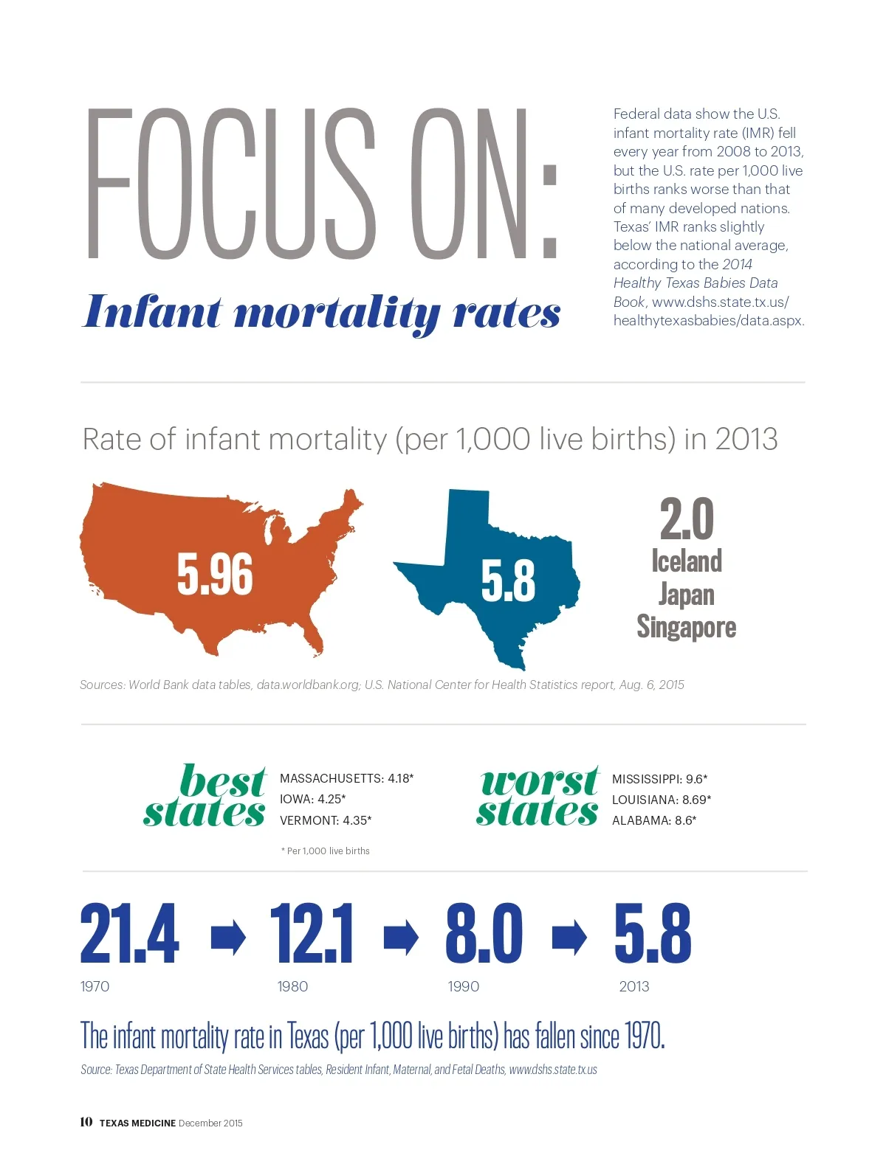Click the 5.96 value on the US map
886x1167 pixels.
(215, 574)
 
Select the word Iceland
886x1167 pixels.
(687, 561)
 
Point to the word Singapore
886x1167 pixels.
(687, 627)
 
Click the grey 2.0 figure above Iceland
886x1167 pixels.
(687, 519)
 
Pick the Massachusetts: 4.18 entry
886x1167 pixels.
(346, 778)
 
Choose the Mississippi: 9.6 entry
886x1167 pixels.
(659, 779)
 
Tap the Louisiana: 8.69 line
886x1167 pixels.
(662, 800)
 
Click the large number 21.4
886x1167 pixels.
(129, 934)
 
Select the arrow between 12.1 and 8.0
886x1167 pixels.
(401, 937)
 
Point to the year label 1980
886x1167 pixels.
(292, 986)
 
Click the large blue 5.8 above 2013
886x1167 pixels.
(653, 934)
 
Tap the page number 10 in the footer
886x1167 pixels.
(86, 1122)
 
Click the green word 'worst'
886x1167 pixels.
(539, 782)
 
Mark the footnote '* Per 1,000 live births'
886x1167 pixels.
(326, 851)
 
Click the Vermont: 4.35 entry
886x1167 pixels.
(326, 820)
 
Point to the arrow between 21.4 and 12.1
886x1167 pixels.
(228, 937)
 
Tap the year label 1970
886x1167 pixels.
(95, 986)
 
